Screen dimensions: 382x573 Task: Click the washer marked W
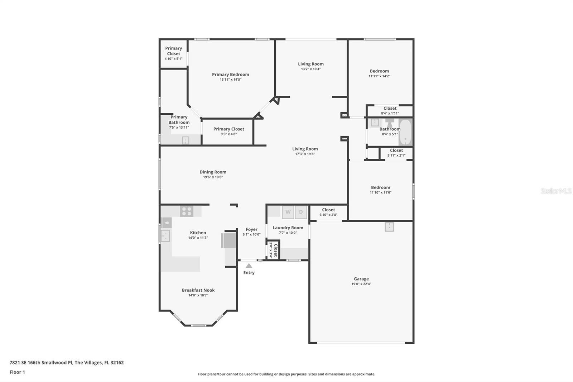pyautogui.click(x=288, y=212)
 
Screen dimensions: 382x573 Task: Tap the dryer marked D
pyautogui.click(x=301, y=212)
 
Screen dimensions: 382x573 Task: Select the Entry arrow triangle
pyautogui.click(x=249, y=266)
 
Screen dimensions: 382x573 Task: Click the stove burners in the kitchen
pyautogui.click(x=187, y=211)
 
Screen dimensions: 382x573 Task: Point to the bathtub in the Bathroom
pyautogui.click(x=405, y=132)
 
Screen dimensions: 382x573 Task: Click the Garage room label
pyautogui.click(x=361, y=279)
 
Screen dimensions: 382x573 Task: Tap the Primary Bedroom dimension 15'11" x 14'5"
pyautogui.click(x=230, y=80)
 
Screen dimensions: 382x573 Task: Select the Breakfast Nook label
pyautogui.click(x=198, y=290)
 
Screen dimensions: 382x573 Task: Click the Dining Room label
pyautogui.click(x=213, y=172)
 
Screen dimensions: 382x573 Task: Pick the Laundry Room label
pyautogui.click(x=288, y=228)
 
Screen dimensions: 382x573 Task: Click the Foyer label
pyautogui.click(x=251, y=229)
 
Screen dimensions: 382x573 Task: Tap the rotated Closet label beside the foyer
pyautogui.click(x=275, y=250)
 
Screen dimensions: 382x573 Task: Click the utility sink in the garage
pyautogui.click(x=389, y=227)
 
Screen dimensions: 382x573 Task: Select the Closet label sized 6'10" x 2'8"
pyautogui.click(x=328, y=210)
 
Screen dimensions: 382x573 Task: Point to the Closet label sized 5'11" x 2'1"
pyautogui.click(x=396, y=151)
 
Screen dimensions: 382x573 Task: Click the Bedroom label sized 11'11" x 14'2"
pyautogui.click(x=379, y=71)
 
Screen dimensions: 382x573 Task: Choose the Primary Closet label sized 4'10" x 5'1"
pyautogui.click(x=173, y=51)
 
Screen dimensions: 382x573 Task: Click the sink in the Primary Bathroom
pyautogui.click(x=186, y=140)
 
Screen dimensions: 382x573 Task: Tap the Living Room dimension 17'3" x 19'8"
pyautogui.click(x=305, y=154)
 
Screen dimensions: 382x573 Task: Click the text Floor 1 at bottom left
pyautogui.click(x=17, y=372)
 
